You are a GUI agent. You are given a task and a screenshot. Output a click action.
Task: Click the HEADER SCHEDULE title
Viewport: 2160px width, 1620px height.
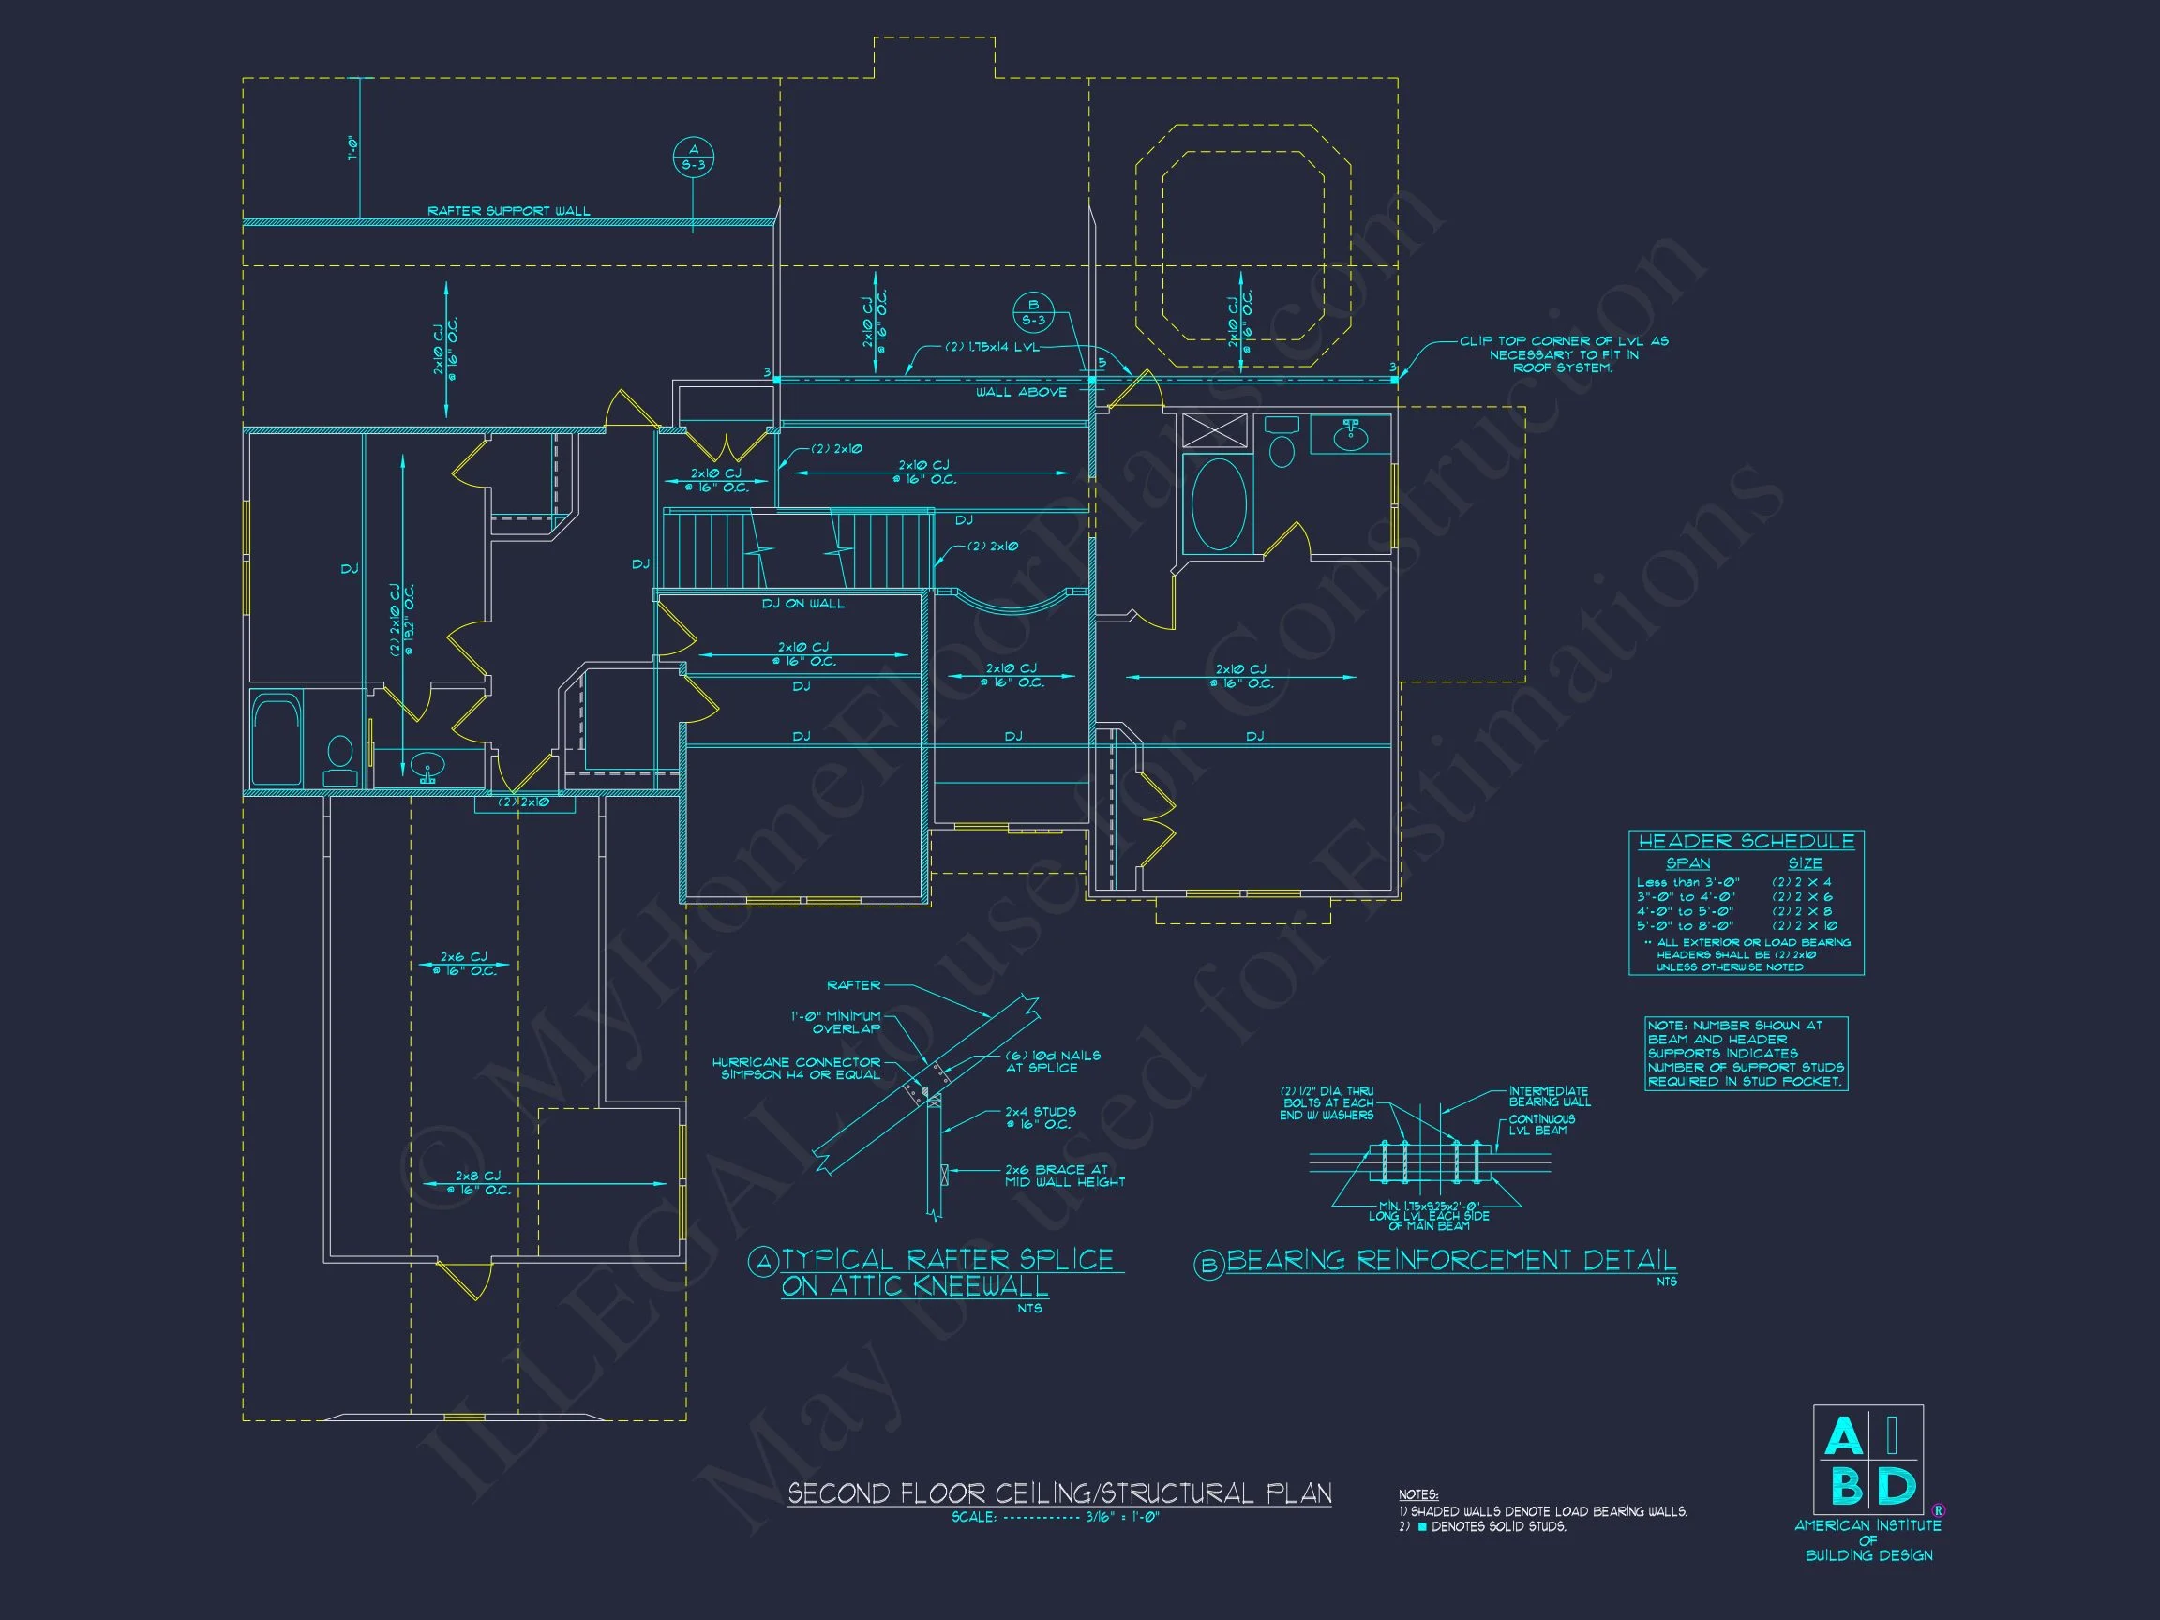[x=1746, y=842]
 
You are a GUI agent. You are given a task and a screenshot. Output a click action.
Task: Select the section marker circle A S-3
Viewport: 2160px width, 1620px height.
[x=694, y=157]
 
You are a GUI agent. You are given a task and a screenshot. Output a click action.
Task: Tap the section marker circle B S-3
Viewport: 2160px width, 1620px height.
[x=1033, y=312]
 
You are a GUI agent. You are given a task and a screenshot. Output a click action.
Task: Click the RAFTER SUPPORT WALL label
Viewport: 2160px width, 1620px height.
[x=509, y=211]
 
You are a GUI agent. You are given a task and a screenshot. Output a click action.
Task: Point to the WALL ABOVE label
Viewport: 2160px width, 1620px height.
[x=1022, y=392]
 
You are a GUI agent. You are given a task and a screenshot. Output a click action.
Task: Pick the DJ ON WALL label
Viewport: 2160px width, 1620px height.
[x=802, y=604]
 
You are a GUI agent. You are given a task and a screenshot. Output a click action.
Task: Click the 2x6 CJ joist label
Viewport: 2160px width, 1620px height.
[x=464, y=963]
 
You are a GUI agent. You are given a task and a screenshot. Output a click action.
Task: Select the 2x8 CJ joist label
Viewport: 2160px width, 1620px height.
[x=477, y=1182]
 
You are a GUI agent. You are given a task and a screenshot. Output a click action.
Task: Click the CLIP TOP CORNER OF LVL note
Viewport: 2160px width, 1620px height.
[x=1564, y=353]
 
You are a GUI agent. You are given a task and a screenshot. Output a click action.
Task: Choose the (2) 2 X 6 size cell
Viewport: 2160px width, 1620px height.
[x=1802, y=896]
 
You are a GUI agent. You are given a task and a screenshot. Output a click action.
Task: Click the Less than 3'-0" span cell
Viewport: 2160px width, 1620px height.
[x=1688, y=883]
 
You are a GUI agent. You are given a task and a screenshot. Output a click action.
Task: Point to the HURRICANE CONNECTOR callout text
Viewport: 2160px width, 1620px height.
[x=796, y=1069]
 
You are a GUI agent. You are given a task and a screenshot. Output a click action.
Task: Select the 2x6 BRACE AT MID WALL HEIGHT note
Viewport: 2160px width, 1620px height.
[x=1064, y=1176]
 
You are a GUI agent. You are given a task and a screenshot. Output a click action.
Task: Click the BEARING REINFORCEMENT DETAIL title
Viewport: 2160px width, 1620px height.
[x=1450, y=1260]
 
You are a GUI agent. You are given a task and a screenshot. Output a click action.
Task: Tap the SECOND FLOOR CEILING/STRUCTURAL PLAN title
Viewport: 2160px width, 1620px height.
[x=1059, y=1493]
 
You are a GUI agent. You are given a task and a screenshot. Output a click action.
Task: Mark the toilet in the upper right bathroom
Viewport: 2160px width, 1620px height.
[x=1282, y=444]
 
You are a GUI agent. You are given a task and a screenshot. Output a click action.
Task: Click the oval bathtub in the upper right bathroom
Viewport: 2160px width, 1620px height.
[x=1219, y=503]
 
